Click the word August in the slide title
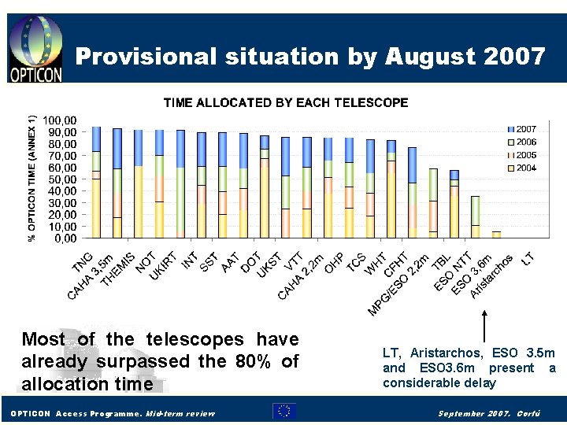coord(427,57)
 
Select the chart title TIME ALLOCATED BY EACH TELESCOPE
coord(286,102)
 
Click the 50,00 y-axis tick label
coord(62,179)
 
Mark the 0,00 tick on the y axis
coord(65,238)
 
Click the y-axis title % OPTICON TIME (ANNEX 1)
coord(32,178)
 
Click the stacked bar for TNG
coord(96,182)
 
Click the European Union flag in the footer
coord(284,411)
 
